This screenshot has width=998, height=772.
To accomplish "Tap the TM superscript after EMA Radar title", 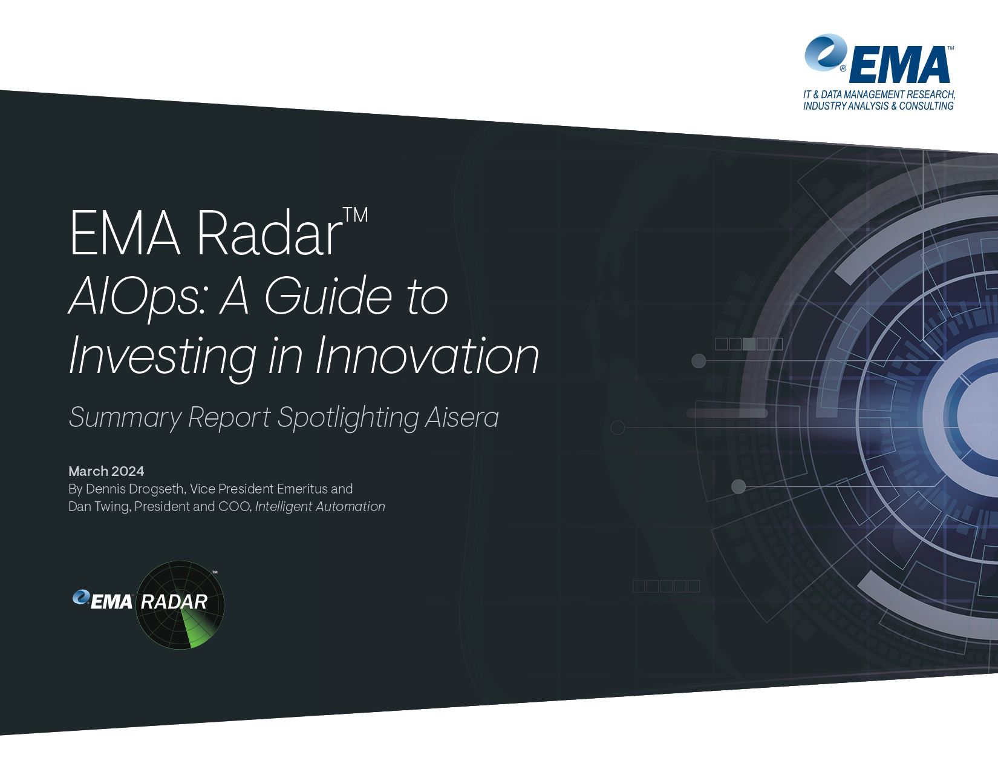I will pyautogui.click(x=355, y=216).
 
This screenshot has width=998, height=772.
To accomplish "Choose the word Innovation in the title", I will pyautogui.click(x=426, y=356).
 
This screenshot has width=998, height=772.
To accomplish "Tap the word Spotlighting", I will pyautogui.click(x=347, y=418).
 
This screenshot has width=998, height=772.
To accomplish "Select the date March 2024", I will pyautogui.click(x=106, y=471).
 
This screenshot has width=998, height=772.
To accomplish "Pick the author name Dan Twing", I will pyautogui.click(x=99, y=506).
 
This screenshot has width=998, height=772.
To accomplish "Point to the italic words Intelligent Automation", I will pyautogui.click(x=320, y=506).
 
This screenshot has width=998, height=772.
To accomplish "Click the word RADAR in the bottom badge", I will pyautogui.click(x=174, y=602).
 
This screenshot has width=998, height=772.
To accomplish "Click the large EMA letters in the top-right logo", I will pyautogui.click(x=899, y=64).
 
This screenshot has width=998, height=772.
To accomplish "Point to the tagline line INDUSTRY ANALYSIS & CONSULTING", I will pyautogui.click(x=878, y=106).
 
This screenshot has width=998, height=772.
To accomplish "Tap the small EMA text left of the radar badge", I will pyautogui.click(x=111, y=601).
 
